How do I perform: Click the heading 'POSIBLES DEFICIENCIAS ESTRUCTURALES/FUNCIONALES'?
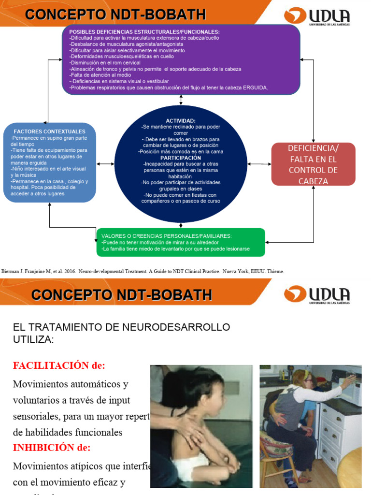pyautogui.click(x=144, y=31)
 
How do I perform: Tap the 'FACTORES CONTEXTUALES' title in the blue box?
pyautogui.click(x=49, y=131)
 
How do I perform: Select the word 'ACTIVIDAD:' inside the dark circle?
pyautogui.click(x=181, y=120)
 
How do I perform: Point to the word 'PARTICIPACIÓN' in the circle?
pyautogui.click(x=181, y=158)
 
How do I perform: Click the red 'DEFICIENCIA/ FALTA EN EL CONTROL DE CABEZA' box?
pyautogui.click(x=313, y=164)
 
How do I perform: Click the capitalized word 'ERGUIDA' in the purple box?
pyautogui.click(x=252, y=87)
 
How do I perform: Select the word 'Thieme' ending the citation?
pyautogui.click(x=276, y=272)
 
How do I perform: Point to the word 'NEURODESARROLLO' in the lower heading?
pyautogui.click(x=178, y=327)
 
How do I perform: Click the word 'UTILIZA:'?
pyautogui.click(x=34, y=340)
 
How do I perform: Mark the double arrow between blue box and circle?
pyautogui.click(x=105, y=164)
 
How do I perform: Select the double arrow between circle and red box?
pyautogui.click(x=259, y=164)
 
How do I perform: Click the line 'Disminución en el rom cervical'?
pyautogui.click(x=105, y=63)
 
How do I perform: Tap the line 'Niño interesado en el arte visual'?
pyautogui.click(x=48, y=169)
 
